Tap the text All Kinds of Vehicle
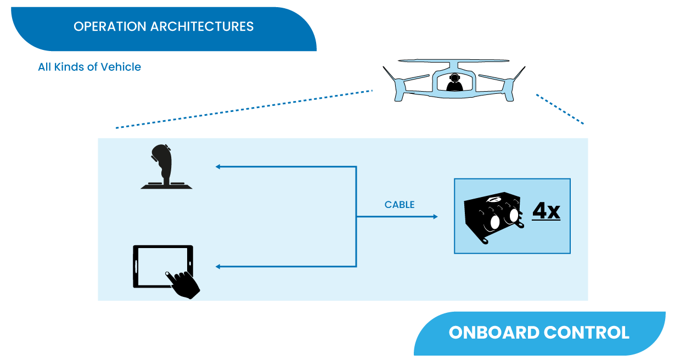click(89, 67)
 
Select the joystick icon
click(165, 167)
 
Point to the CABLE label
click(400, 205)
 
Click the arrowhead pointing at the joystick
click(218, 166)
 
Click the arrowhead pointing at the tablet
click(218, 267)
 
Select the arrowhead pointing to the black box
click(435, 217)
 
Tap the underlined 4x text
click(546, 211)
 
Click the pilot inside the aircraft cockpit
click(453, 83)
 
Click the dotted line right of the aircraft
click(560, 109)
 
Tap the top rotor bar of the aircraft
click(453, 61)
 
